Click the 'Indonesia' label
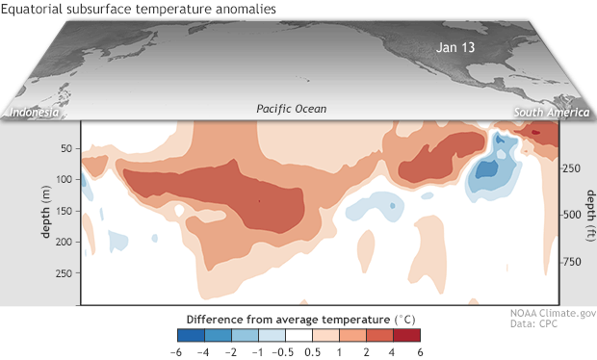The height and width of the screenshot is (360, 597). coord(35,114)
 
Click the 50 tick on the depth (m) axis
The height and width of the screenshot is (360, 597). coord(67,148)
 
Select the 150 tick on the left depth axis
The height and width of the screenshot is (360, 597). coord(65,212)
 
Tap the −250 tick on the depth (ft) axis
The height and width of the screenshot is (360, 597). coord(575,167)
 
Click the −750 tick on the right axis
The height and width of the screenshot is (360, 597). coord(575,261)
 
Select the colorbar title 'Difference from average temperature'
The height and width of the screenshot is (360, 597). coord(298,318)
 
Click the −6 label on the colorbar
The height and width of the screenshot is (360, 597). coord(178,350)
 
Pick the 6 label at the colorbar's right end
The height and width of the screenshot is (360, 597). coord(419,350)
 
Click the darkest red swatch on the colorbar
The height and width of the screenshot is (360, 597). coord(406,335)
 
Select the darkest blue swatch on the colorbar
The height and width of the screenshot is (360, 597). coord(190,335)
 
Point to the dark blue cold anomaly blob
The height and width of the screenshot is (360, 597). coord(490,169)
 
